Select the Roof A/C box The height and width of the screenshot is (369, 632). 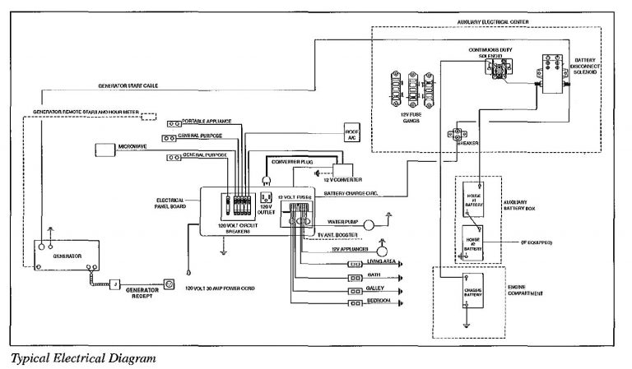pos(352,136)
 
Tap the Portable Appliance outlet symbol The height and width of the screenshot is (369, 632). pos(174,120)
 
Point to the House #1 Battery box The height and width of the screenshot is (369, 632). pos(472,198)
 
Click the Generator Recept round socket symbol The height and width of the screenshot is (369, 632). pos(169,284)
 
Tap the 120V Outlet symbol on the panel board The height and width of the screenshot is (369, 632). pos(266,198)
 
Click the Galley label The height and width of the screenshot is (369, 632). pos(376,288)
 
